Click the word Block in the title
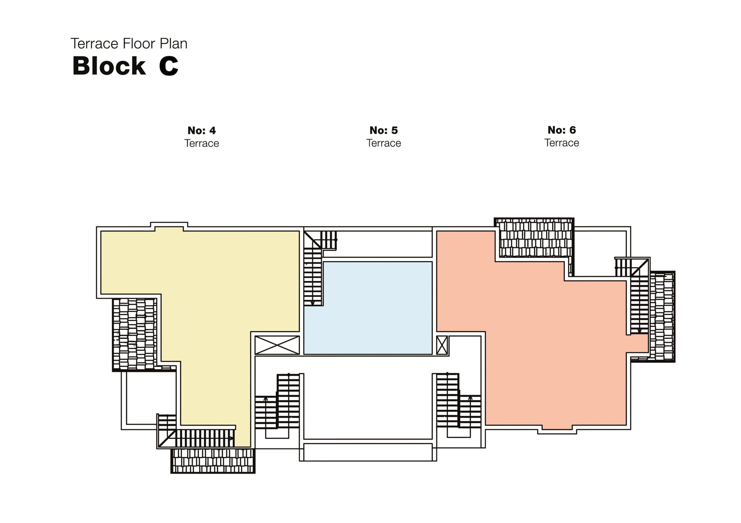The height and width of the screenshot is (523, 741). coord(109,66)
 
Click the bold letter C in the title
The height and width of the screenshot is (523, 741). coord(168,66)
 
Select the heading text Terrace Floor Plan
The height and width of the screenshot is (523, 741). coord(129,44)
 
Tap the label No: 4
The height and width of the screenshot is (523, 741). coord(201,131)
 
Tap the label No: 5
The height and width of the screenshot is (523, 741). coord(384,130)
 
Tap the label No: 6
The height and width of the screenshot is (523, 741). coord(562,130)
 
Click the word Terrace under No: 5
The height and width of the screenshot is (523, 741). coord(384,143)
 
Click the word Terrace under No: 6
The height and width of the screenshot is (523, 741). coord(562,143)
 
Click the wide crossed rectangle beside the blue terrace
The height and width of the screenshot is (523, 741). coord(277,345)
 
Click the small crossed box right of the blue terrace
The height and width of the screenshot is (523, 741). coord(442,345)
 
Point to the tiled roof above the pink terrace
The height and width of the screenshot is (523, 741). coord(534,238)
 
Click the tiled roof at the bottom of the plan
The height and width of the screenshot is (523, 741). coord(213,461)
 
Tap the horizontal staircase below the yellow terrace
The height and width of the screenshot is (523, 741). coord(205,438)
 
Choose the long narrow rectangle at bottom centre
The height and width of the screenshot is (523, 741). coord(368,452)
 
